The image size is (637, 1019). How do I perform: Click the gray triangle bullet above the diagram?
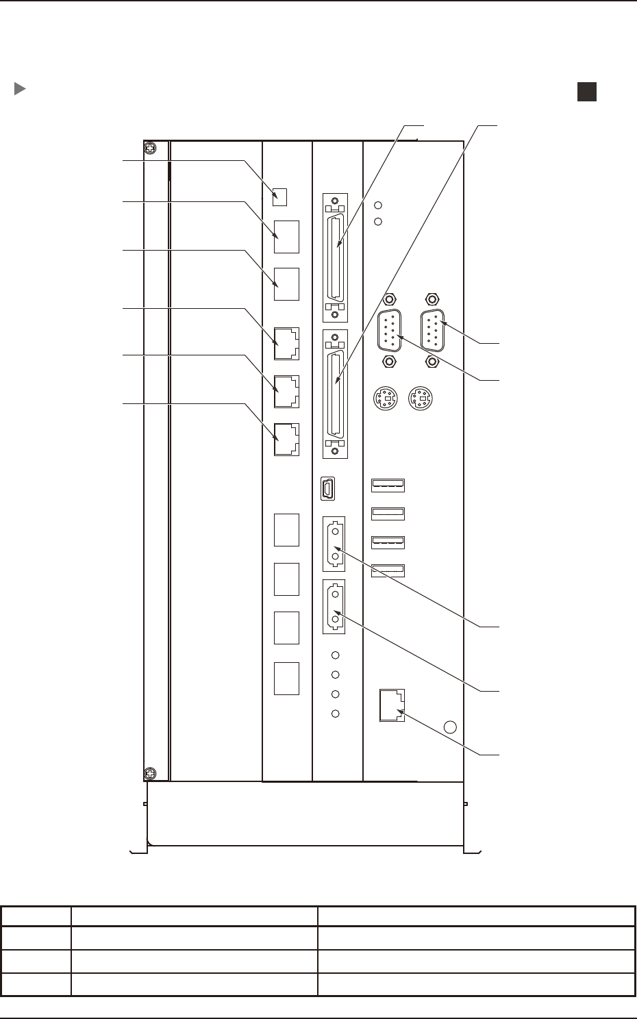(x=20, y=89)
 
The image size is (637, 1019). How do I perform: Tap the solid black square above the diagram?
(x=586, y=92)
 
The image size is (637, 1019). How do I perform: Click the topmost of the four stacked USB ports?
(x=388, y=486)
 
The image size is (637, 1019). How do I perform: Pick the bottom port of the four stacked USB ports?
(x=388, y=570)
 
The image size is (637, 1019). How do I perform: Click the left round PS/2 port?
(x=387, y=399)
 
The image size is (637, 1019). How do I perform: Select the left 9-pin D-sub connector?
(x=389, y=330)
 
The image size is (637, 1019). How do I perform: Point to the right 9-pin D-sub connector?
(x=432, y=330)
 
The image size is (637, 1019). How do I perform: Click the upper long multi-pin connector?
(x=334, y=257)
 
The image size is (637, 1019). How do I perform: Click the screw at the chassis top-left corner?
(x=150, y=149)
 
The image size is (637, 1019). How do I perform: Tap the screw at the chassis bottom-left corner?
(x=150, y=774)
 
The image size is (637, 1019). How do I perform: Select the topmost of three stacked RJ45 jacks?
(x=286, y=343)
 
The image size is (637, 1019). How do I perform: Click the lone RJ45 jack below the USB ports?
(x=392, y=705)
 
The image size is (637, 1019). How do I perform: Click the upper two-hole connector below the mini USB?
(x=334, y=544)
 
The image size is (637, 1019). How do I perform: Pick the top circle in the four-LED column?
(x=336, y=655)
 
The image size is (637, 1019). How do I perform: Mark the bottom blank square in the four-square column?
(x=286, y=679)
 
